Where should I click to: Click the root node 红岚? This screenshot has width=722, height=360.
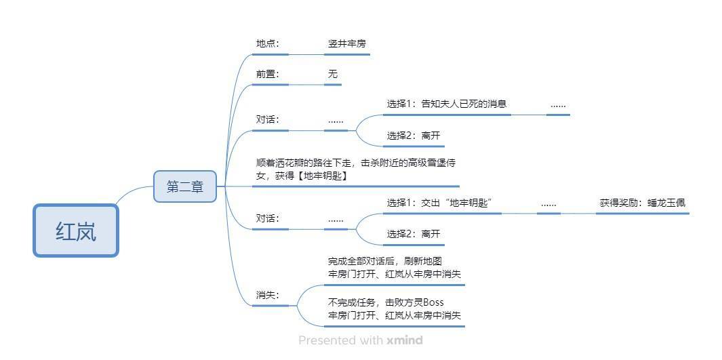[x=76, y=231]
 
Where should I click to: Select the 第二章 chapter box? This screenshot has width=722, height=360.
[x=184, y=186]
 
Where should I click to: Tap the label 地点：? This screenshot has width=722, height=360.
[x=268, y=44]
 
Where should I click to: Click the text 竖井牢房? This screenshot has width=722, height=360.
[x=347, y=44]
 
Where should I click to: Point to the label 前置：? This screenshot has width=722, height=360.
[x=268, y=74]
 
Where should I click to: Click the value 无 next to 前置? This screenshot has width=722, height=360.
[x=333, y=74]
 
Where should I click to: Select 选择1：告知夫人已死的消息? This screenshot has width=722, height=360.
[x=447, y=104]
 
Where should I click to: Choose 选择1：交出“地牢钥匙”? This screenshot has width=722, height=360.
[x=443, y=203]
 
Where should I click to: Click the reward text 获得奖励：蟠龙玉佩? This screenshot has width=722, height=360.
[x=642, y=203]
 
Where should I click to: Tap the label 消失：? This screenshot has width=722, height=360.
[x=268, y=295]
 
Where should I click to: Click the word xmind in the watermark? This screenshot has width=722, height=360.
[x=405, y=340]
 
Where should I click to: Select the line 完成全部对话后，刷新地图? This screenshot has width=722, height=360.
[x=385, y=262]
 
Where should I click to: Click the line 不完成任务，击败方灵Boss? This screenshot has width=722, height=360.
[x=386, y=302]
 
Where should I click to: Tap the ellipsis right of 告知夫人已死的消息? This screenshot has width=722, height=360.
[x=558, y=105]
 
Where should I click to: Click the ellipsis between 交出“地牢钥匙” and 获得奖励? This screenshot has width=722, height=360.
[x=548, y=204]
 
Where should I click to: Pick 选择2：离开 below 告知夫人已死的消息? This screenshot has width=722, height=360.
[x=414, y=136]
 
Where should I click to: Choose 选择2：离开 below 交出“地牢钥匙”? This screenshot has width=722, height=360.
[x=414, y=234]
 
